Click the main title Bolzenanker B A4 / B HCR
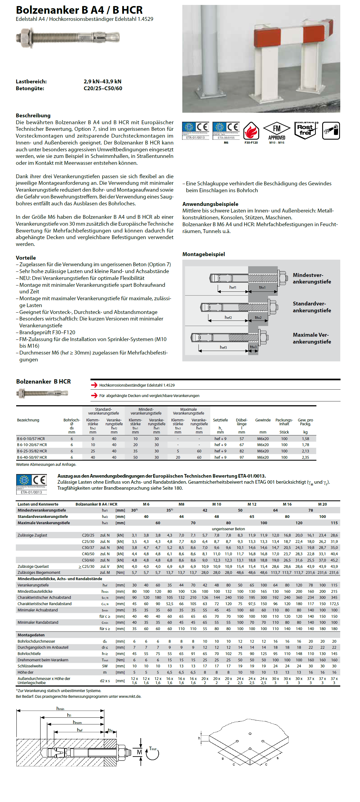pyautogui.click(x=79, y=10)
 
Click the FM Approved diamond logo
pyautogui.click(x=277, y=131)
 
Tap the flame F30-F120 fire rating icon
pyautogui.click(x=251, y=131)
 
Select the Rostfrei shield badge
pyautogui.click(x=305, y=130)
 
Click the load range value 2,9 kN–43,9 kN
pyautogui.click(x=103, y=81)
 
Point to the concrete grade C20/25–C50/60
pyautogui.click(x=103, y=88)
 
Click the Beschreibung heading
pyautogui.click(x=33, y=115)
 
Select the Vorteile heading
pyautogui.click(x=26, y=258)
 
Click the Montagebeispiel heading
pyautogui.click(x=204, y=254)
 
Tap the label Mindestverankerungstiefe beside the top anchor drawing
pyautogui.click(x=312, y=278)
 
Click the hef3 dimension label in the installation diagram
pyautogui.click(x=223, y=347)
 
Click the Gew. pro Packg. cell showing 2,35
pyautogui.click(x=305, y=457)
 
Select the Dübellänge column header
pyautogui.click(x=242, y=422)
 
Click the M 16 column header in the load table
pyautogui.click(x=287, y=504)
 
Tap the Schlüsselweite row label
pyautogui.click(x=30, y=666)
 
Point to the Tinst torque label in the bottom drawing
pyautogui.click(x=153, y=749)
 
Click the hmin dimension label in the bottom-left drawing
pyautogui.click(x=60, y=709)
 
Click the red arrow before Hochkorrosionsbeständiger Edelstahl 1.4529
pyautogui.click(x=94, y=385)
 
